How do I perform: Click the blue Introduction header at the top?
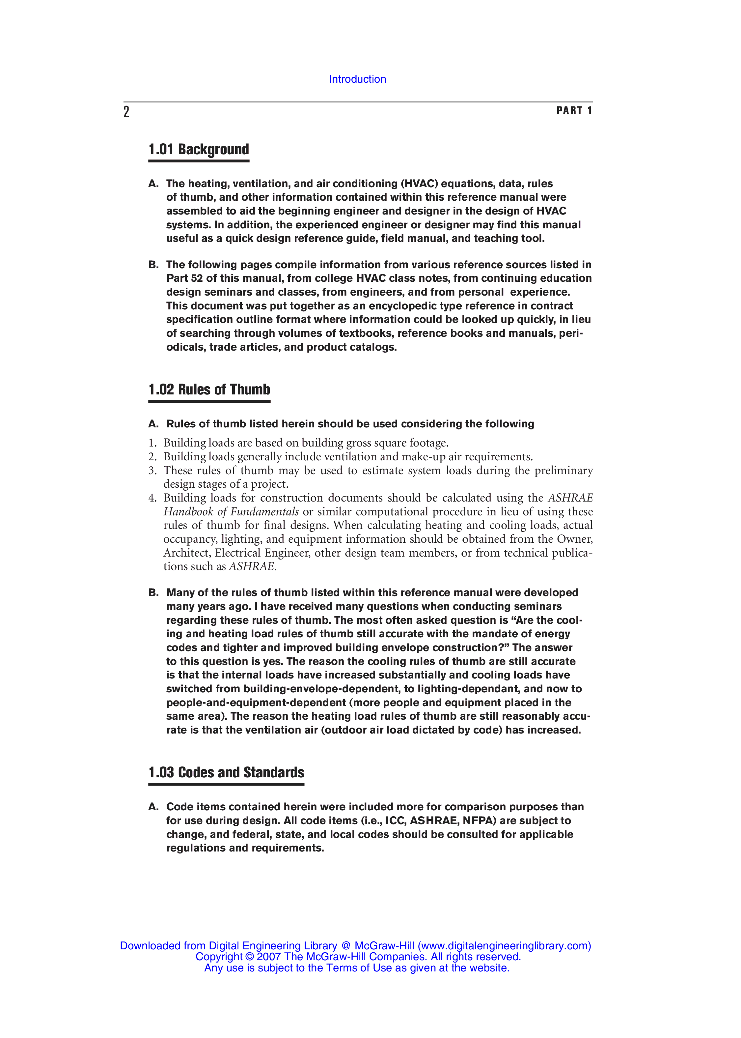(357, 79)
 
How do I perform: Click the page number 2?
(126, 112)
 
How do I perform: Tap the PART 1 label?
(574, 110)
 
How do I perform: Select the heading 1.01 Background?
(199, 150)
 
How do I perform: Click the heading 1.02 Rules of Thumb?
(209, 389)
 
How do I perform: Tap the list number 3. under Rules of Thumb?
(152, 471)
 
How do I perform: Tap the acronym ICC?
(395, 821)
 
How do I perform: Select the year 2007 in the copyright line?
(269, 957)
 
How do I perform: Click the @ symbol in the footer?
(345, 946)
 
